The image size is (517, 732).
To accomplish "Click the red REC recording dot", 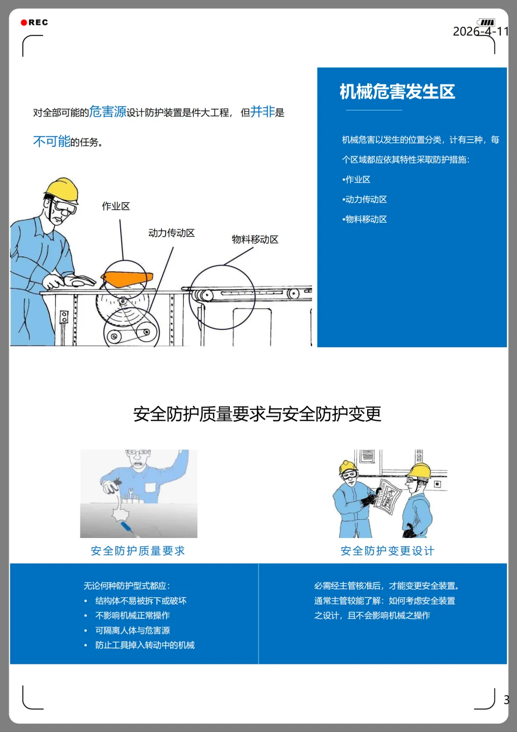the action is [x=23, y=23].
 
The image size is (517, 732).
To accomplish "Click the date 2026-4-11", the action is [x=481, y=31].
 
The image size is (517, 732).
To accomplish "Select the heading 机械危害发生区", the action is [x=397, y=91].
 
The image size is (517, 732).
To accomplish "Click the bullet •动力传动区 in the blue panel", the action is [x=364, y=199].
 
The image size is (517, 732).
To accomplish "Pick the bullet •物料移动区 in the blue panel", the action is [x=364, y=219].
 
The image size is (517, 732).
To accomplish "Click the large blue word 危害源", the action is [x=108, y=112].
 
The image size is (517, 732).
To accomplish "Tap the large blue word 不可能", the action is [x=52, y=141].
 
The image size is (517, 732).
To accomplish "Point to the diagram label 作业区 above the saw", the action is [x=116, y=206].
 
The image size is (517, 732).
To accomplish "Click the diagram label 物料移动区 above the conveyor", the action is [x=255, y=240].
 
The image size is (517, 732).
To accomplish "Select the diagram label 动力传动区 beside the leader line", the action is [x=171, y=233].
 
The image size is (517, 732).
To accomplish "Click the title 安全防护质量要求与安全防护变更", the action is [x=258, y=414].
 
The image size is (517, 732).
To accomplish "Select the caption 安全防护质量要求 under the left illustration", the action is [x=138, y=551].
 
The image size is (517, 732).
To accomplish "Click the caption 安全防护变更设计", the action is [x=387, y=551].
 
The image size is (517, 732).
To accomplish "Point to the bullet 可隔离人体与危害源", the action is [x=132, y=630].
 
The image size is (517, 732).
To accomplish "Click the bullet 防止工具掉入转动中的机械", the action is [x=145, y=645].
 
